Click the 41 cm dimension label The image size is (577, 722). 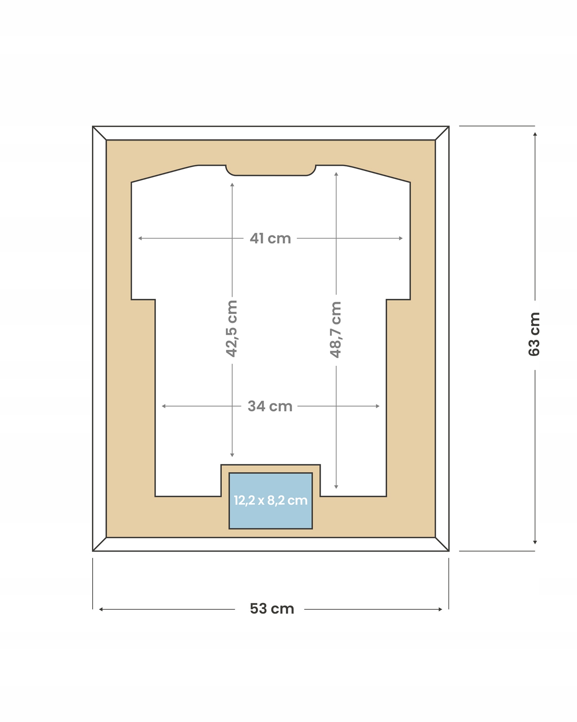pyautogui.click(x=270, y=238)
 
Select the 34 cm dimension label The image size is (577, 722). pyautogui.click(x=270, y=406)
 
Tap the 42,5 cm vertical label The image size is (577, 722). pyautogui.click(x=232, y=329)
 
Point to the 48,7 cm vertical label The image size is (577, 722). pyautogui.click(x=336, y=330)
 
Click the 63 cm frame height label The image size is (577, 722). pyautogui.click(x=534, y=334)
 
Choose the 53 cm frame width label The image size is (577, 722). pyautogui.click(x=272, y=609)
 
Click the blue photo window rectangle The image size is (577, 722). pyautogui.click(x=270, y=501)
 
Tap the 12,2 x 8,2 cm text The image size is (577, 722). pyautogui.click(x=270, y=500)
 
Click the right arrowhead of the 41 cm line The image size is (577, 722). pyautogui.click(x=401, y=238)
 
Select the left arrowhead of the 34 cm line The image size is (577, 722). pyautogui.click(x=164, y=406)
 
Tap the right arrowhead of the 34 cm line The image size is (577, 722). pyautogui.click(x=378, y=406)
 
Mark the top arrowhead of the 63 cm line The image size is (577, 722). pyautogui.click(x=535, y=134)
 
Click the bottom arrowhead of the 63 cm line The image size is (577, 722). pyautogui.click(x=535, y=542)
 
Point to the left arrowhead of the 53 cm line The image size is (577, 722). pyautogui.click(x=101, y=609)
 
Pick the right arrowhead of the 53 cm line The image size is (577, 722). pyautogui.click(x=440, y=609)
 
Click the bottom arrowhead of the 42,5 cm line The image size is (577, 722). pyautogui.click(x=232, y=455)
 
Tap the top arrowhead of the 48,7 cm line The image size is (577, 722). pyautogui.click(x=336, y=174)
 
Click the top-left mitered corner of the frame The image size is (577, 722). pyautogui.click(x=100, y=133)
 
